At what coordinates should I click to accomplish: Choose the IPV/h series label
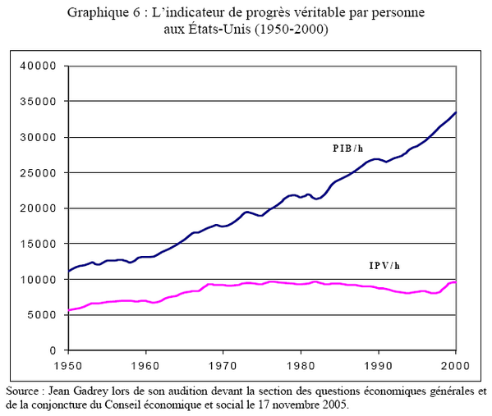(x=383, y=266)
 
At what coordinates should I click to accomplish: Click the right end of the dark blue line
(x=456, y=112)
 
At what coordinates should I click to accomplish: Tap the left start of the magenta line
(x=68, y=310)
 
